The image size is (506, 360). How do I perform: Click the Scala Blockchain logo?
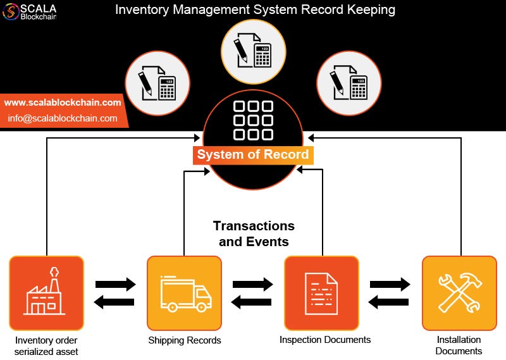[x=30, y=12]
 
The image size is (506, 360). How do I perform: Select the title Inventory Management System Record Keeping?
[x=255, y=10]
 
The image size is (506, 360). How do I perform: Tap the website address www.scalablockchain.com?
[x=63, y=102]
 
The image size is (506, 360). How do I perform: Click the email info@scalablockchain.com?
[x=63, y=118]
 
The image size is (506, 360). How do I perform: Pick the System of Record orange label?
[x=253, y=154]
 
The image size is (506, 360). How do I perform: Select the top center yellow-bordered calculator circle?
[x=253, y=51]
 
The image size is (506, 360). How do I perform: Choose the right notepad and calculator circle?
[x=348, y=84]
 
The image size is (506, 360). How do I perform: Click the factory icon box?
[x=46, y=293]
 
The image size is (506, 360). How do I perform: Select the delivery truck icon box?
[x=184, y=293]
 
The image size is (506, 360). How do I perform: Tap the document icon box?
[x=321, y=293]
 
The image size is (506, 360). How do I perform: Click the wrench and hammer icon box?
[x=459, y=293]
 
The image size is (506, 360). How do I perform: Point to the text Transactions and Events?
[x=254, y=233]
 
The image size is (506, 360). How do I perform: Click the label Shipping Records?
[x=185, y=340]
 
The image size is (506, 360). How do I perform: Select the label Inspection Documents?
[x=325, y=340]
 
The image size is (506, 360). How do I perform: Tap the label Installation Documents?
[x=459, y=345]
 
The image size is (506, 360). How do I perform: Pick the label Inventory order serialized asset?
[x=46, y=345]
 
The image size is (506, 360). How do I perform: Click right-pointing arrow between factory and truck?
[x=115, y=284]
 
